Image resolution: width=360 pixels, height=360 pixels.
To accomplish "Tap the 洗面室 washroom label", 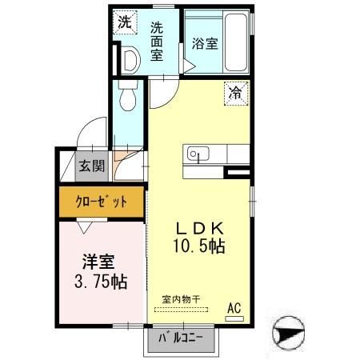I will (157, 41).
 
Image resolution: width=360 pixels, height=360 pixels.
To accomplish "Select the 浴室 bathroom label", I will (204, 43).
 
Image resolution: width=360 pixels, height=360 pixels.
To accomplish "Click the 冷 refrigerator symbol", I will (235, 93).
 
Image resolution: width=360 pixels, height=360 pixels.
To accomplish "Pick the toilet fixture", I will (126, 98).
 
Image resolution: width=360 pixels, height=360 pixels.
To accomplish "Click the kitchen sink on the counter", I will (197, 154).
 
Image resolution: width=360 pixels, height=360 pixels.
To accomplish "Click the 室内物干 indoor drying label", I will (181, 299).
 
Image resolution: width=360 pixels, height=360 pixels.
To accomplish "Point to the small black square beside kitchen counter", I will (236, 171).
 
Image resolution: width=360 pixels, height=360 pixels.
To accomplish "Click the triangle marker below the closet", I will (84, 227).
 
